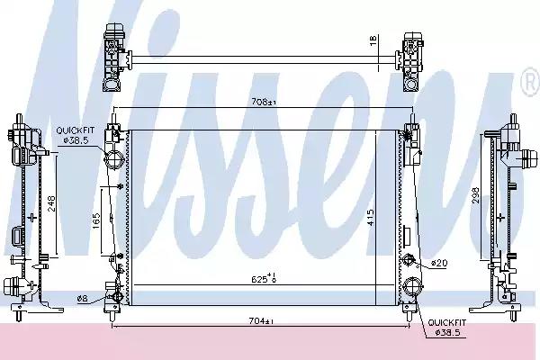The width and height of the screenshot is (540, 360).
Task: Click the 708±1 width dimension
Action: [264, 102]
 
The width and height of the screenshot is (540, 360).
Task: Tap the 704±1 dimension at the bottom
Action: [261, 321]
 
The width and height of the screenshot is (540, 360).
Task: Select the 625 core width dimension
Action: [264, 278]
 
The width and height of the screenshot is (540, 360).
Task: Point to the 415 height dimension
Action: [371, 218]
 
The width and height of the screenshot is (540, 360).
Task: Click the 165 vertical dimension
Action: [96, 220]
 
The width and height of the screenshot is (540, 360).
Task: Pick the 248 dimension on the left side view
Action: [51, 203]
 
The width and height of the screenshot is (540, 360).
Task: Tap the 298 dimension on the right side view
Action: [475, 195]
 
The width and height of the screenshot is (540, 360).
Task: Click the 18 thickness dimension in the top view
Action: [373, 40]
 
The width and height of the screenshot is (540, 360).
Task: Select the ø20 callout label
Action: [439, 264]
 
